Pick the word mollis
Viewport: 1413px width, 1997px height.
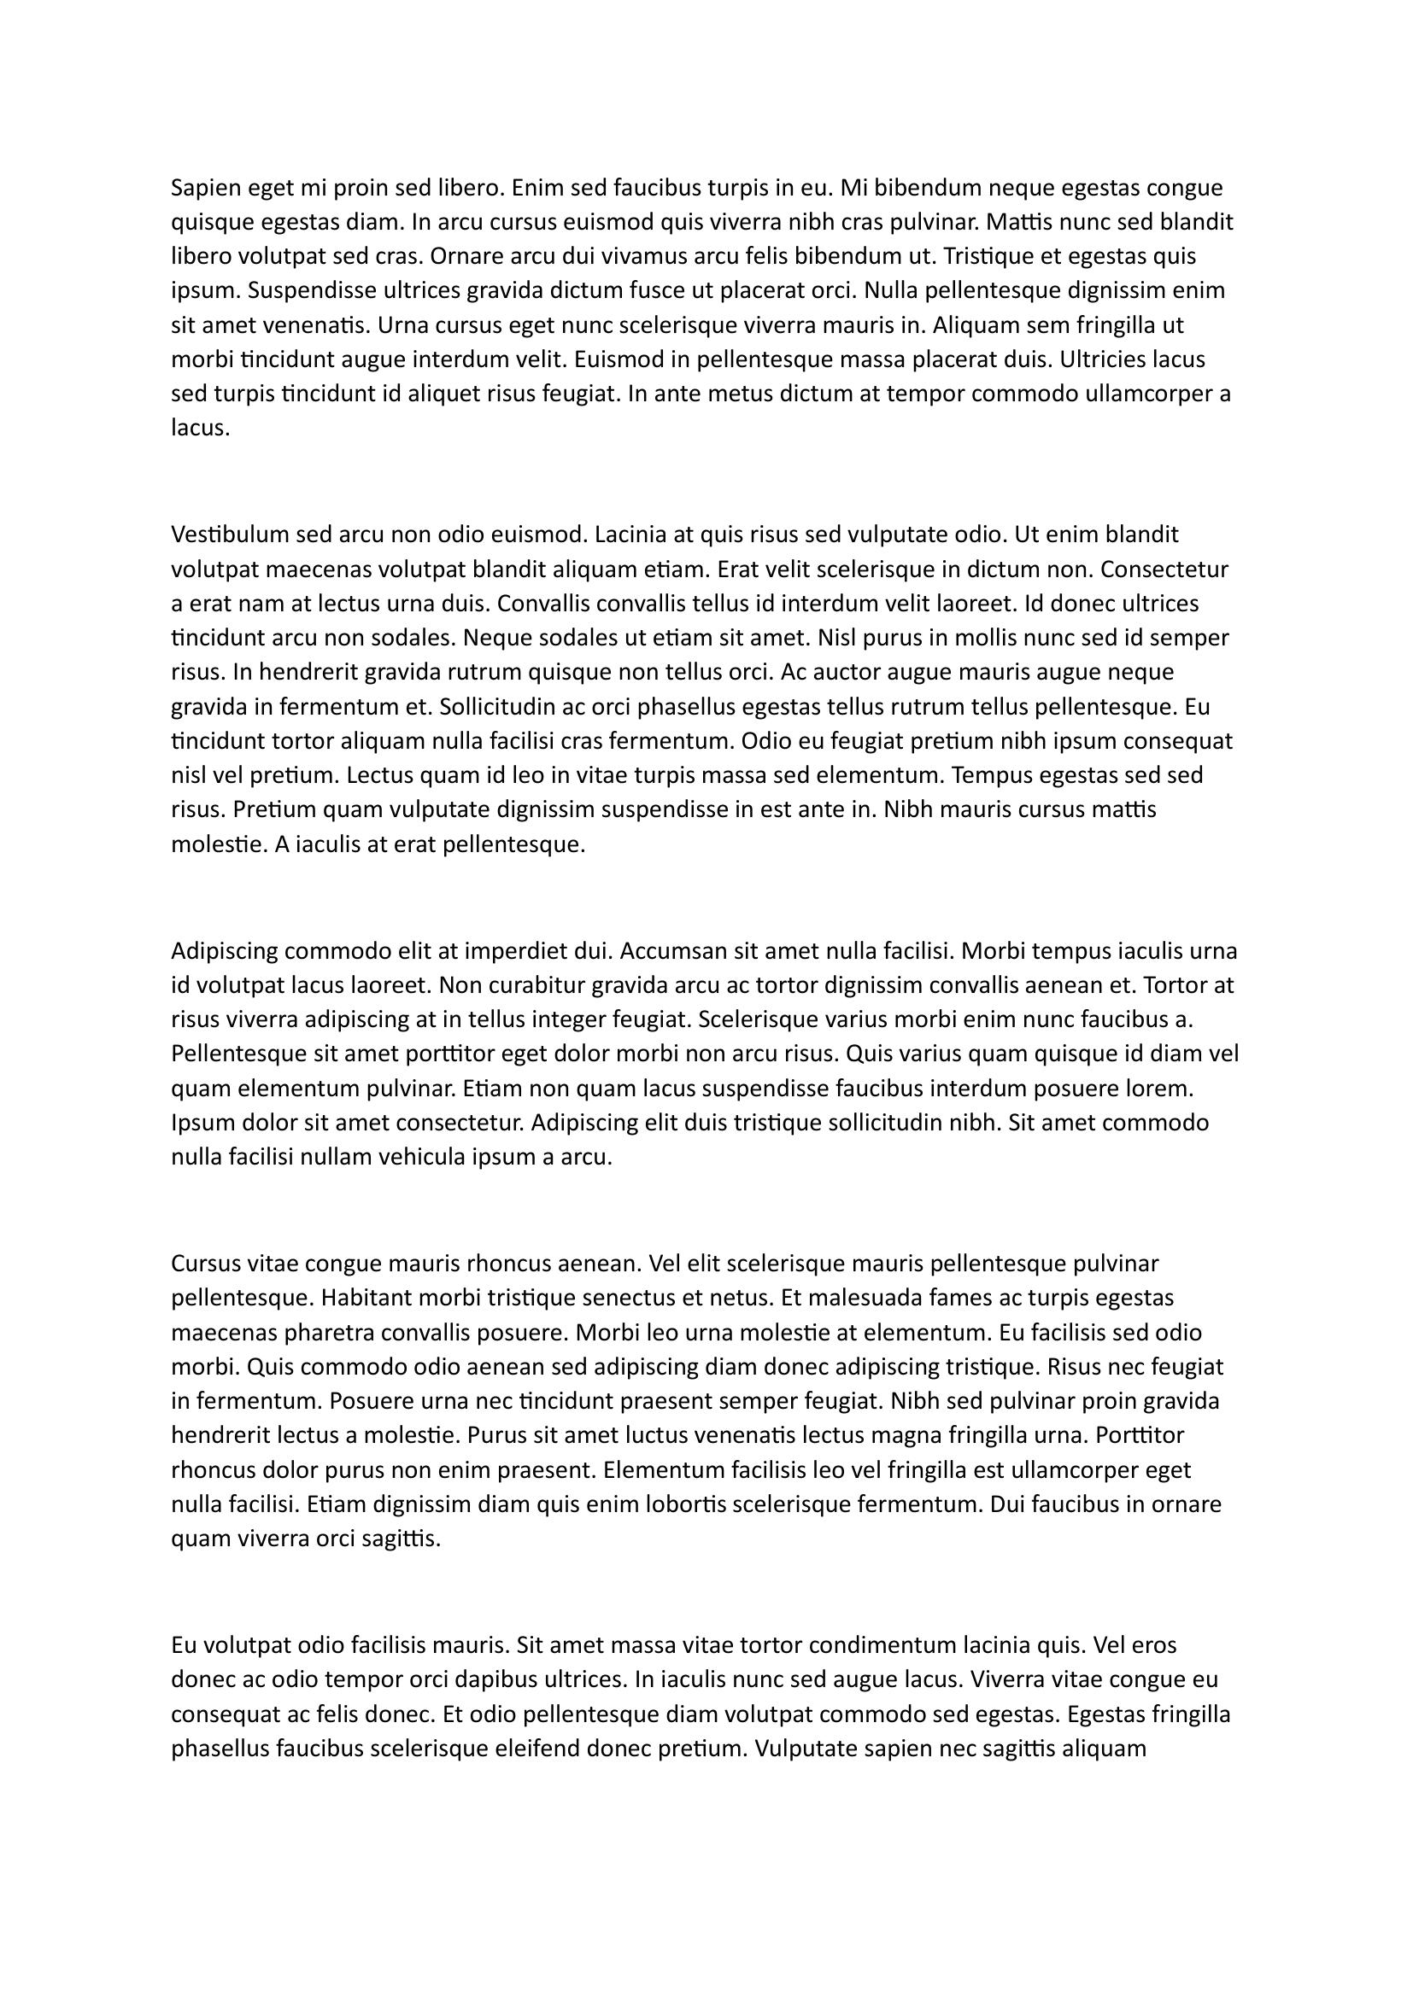pyautogui.click(x=977, y=638)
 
